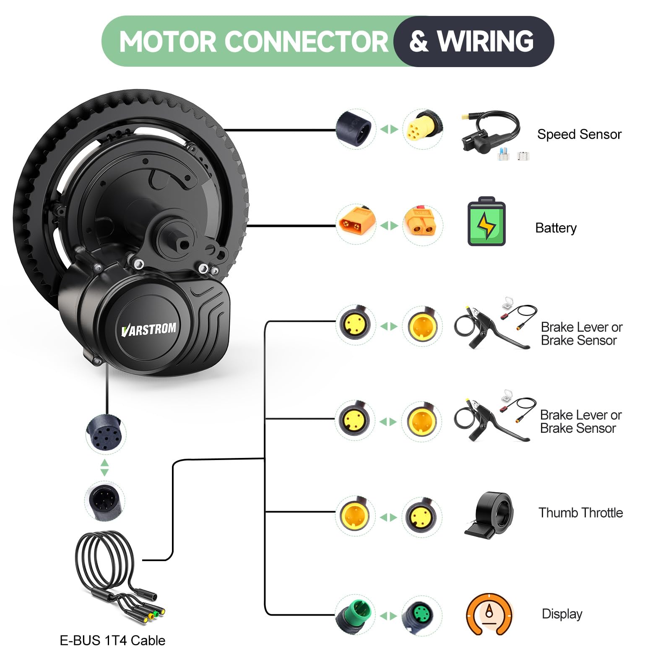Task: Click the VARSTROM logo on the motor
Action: pos(149,329)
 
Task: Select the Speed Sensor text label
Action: pos(579,134)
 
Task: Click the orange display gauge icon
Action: pos(489,614)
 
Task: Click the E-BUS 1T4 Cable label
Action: pos(112,640)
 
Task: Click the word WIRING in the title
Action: pos(485,41)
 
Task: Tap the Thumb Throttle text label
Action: pos(581,512)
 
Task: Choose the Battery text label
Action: pos(556,228)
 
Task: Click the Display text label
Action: pos(562,614)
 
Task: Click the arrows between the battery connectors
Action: pos(389,226)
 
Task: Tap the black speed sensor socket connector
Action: pos(355,128)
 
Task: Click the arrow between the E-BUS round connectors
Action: pos(105,467)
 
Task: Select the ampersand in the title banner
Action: pos(419,42)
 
